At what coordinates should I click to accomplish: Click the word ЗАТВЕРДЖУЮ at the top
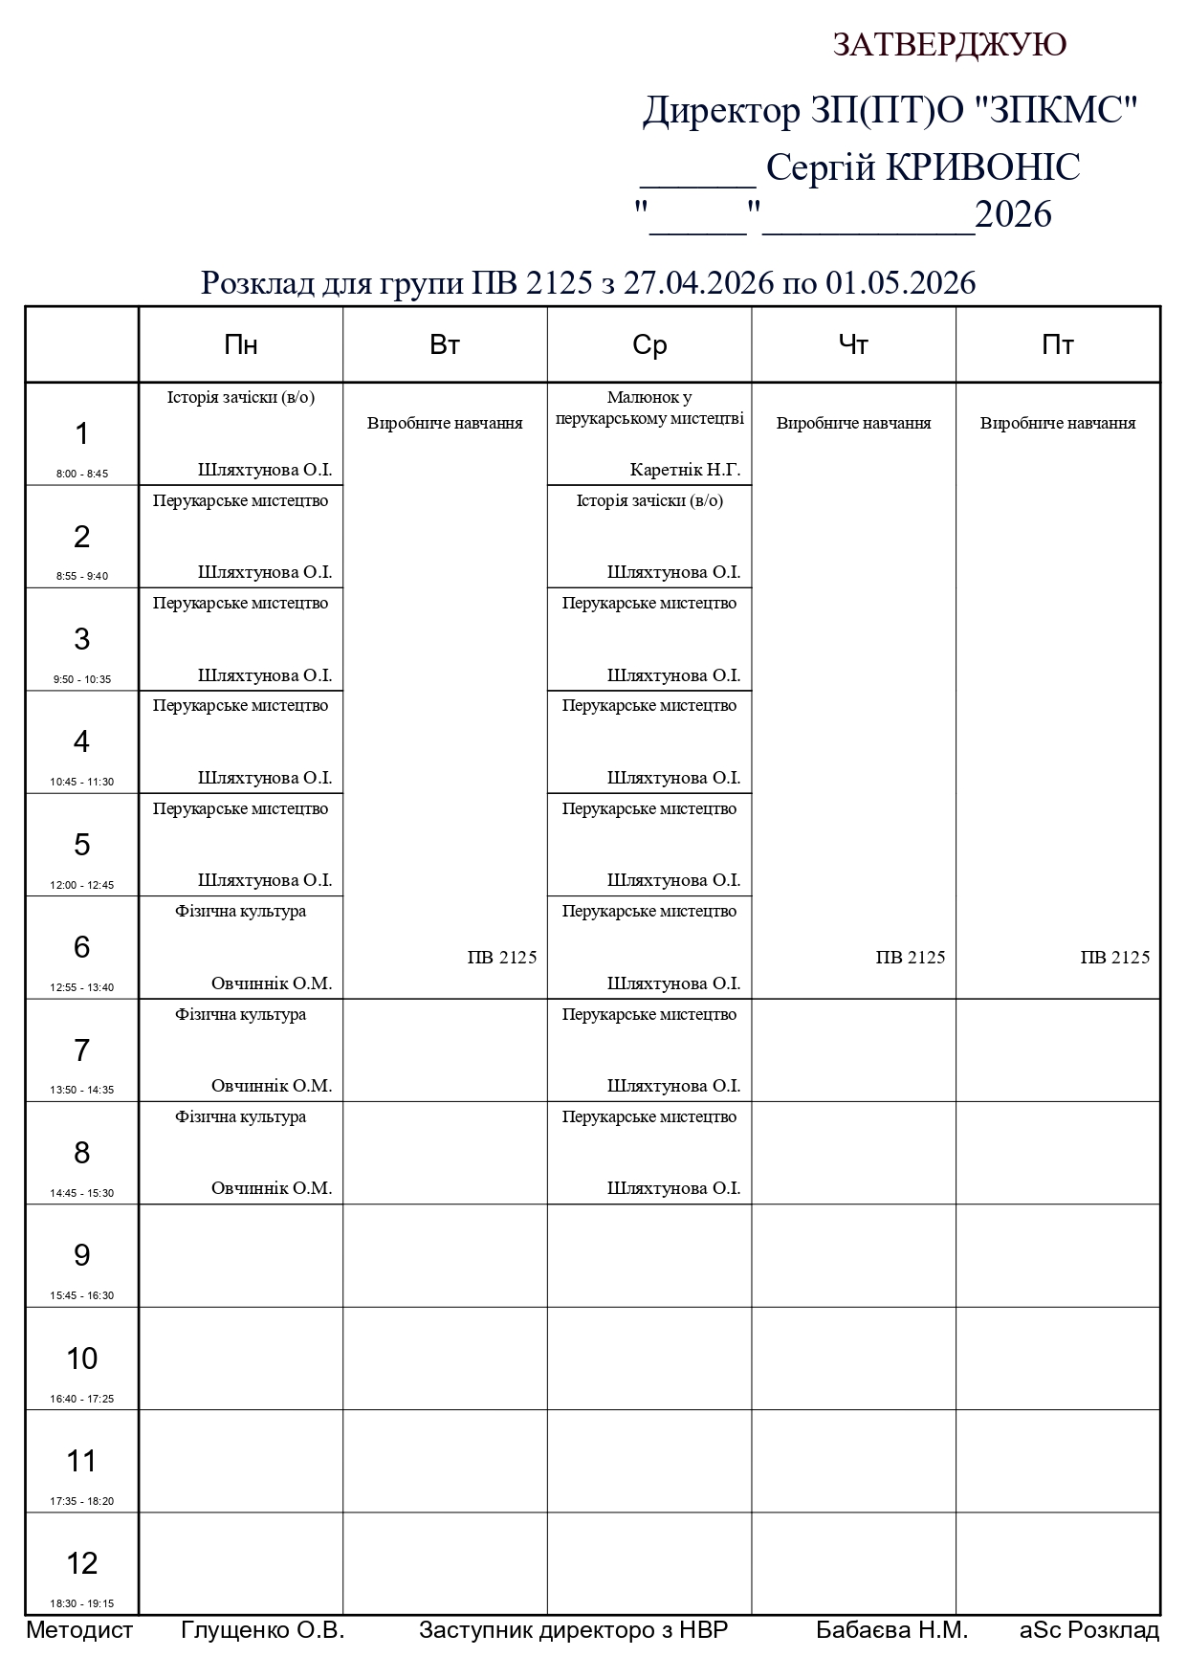pos(949,45)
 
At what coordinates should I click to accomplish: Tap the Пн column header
pos(240,345)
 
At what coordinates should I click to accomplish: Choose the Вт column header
pos(445,345)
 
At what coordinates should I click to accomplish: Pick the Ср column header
pos(649,345)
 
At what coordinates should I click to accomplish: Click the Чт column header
pos(853,345)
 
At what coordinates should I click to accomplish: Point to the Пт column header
pos(1058,345)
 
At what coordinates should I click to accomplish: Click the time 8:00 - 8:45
pos(81,474)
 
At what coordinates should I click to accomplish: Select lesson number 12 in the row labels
pos(81,1562)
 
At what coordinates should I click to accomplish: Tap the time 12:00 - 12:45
pos(81,885)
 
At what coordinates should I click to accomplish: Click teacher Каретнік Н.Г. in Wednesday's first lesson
pos(685,470)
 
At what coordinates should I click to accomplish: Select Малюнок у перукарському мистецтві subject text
pos(649,408)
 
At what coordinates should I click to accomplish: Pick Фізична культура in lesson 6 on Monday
pos(240,911)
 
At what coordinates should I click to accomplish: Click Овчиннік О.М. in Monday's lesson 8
pos(272,1188)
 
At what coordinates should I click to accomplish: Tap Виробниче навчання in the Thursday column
pos(853,423)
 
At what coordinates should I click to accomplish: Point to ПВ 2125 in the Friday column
pos(1114,958)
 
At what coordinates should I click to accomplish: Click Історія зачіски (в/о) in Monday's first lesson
pos(240,397)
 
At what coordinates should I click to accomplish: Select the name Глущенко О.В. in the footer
pos(262,1630)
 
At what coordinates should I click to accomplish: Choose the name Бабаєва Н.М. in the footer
pos(891,1630)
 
